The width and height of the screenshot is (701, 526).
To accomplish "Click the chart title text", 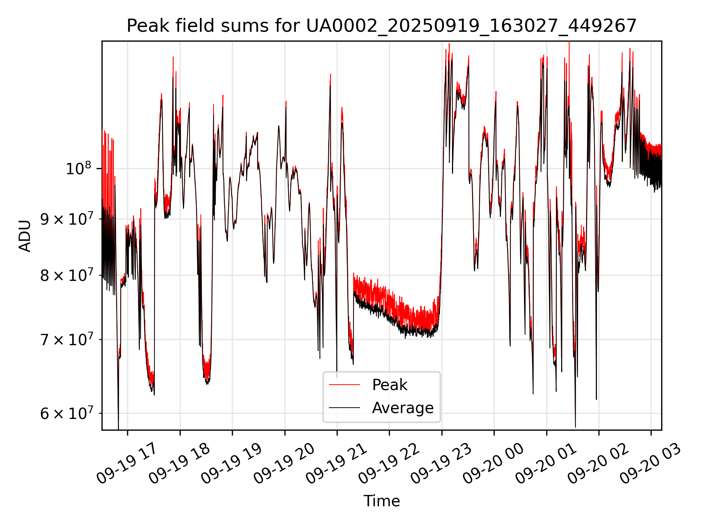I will coord(382,26).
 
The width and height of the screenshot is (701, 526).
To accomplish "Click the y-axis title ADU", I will coord(25,236).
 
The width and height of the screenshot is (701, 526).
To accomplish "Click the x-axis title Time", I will coord(382,501).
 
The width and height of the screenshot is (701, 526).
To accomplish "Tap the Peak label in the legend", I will coord(390,385).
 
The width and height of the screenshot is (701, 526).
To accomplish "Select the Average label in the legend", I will coord(403,408).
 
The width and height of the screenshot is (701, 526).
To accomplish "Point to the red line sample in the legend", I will coord(344,385).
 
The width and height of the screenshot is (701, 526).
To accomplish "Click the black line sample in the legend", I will coord(344,408).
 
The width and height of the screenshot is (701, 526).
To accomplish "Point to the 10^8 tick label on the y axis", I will coord(78,169).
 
